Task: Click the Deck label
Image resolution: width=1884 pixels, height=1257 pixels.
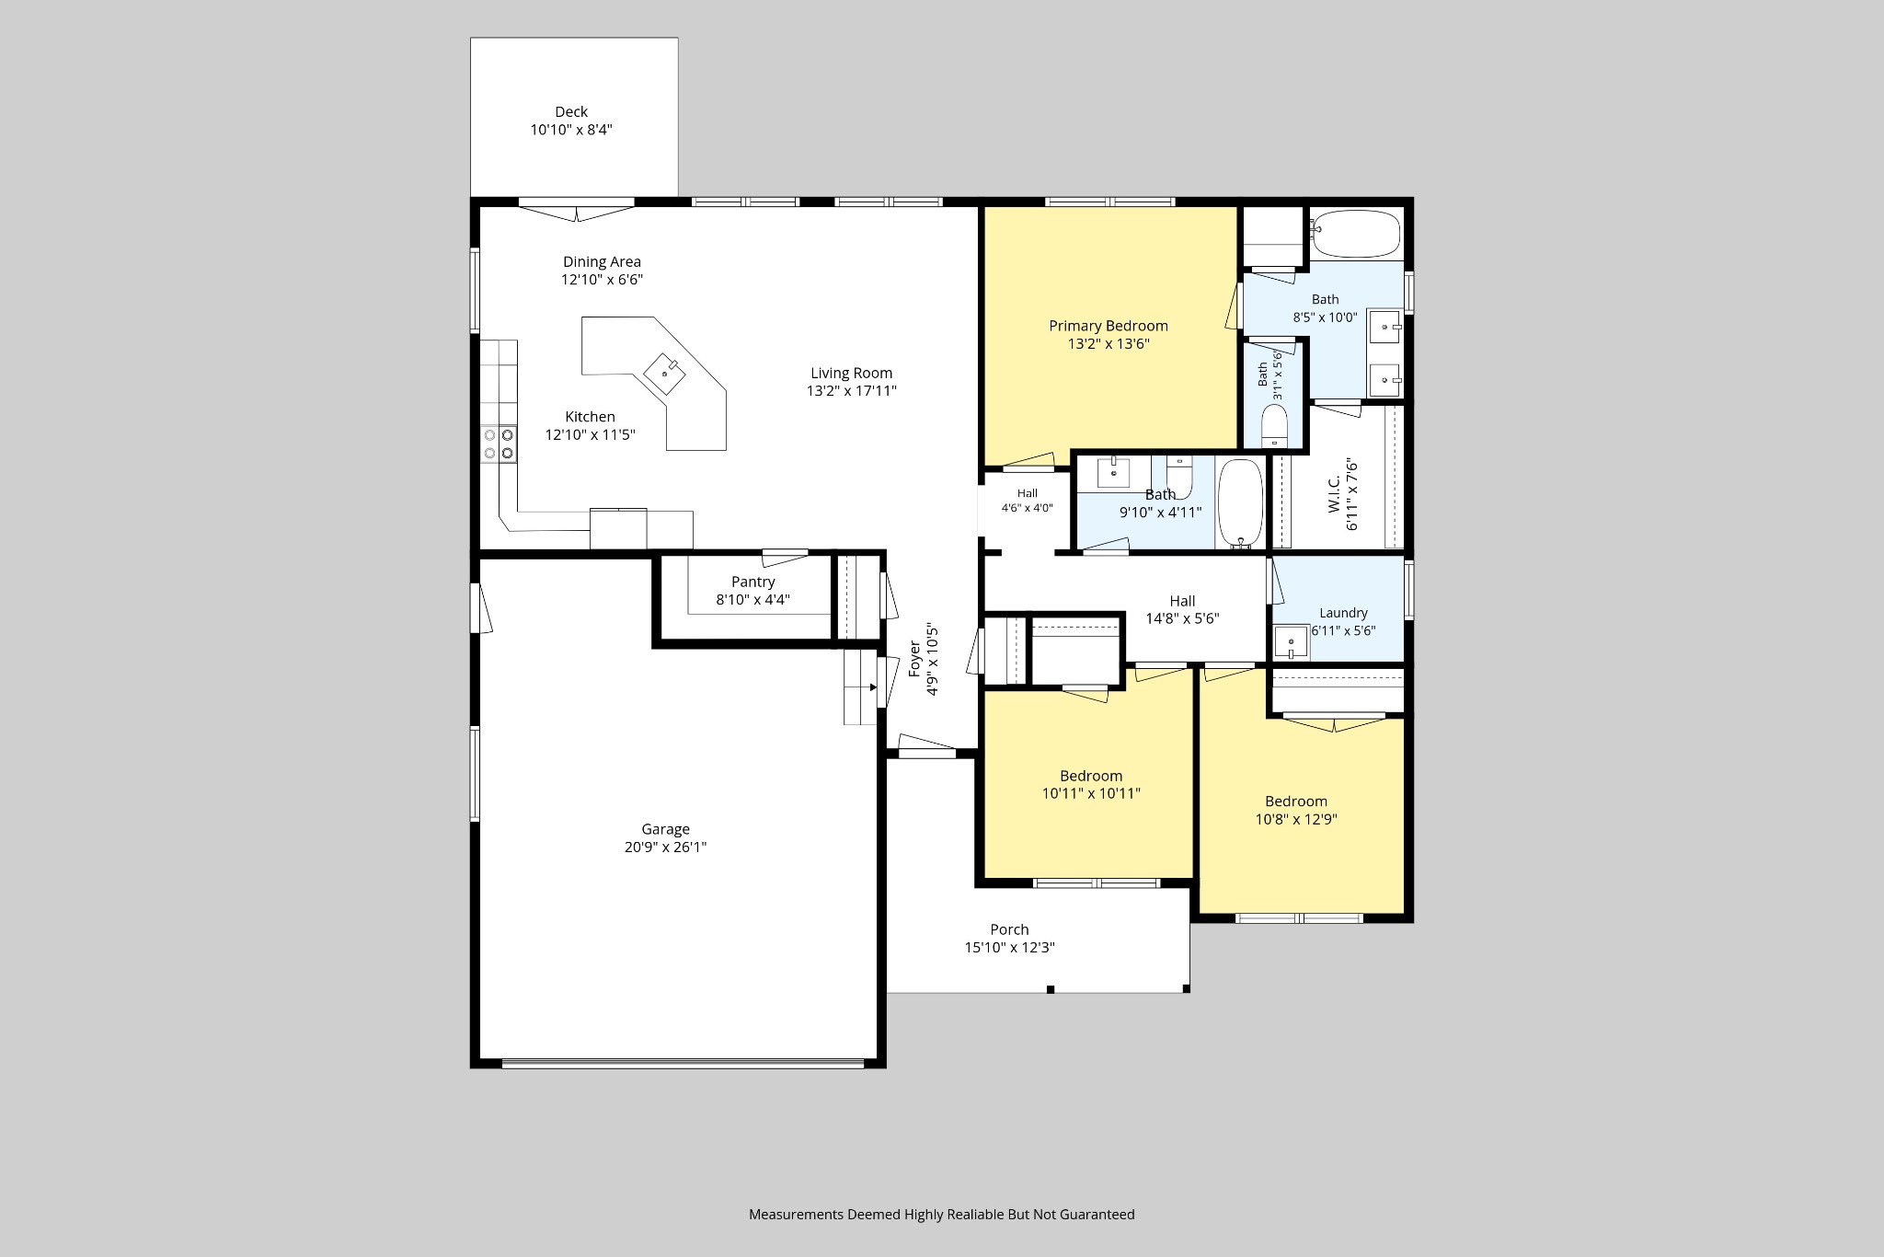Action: (571, 112)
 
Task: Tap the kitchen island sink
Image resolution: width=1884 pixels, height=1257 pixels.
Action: (664, 372)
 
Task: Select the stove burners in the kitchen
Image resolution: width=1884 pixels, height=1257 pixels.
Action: (499, 444)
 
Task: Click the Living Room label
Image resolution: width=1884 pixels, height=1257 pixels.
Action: (851, 373)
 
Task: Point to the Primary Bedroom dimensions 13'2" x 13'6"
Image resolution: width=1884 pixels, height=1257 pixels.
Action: (1109, 344)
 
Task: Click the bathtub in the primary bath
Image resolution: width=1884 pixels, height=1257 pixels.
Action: (1356, 234)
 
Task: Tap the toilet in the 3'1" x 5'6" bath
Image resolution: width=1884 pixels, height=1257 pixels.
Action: (1274, 426)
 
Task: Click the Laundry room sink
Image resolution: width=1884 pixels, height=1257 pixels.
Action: (1291, 642)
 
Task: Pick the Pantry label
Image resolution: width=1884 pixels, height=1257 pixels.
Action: (752, 582)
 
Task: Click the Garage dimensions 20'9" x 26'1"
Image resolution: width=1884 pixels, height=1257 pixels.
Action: (665, 848)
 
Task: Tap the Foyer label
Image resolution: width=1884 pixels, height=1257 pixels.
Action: (914, 659)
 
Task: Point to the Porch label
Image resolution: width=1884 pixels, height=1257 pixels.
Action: (1009, 929)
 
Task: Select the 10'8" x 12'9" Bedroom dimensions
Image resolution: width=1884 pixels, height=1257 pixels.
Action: (1296, 819)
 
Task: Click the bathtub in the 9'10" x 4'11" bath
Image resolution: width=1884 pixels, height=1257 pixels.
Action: (1240, 503)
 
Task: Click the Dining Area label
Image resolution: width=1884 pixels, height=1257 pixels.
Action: (602, 262)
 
